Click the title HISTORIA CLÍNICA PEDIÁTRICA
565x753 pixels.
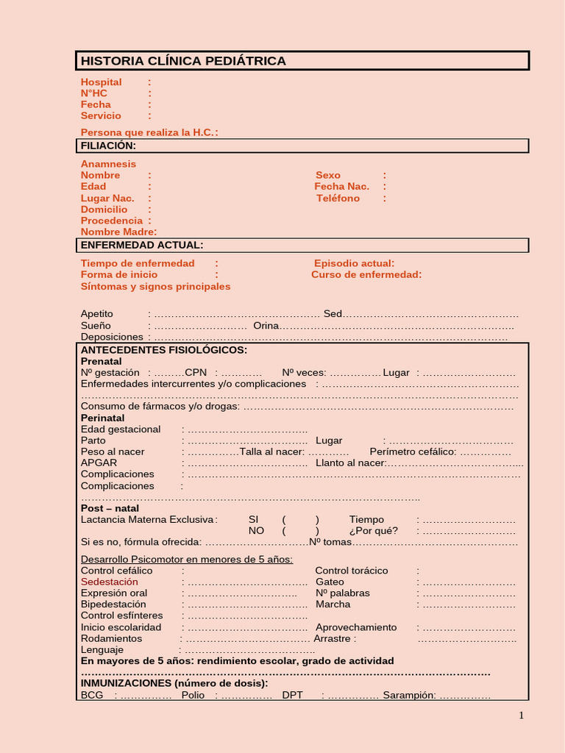coord(183,61)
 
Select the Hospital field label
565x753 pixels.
coord(101,82)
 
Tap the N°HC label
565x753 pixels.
coord(94,93)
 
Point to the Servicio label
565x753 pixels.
coord(101,115)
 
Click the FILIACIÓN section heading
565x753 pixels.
coord(108,146)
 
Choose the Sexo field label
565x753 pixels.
coord(328,175)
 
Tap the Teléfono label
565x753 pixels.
coord(338,198)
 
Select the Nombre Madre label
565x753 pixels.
coord(118,232)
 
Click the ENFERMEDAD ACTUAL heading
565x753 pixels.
coord(142,245)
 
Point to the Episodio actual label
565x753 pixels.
coord(354,263)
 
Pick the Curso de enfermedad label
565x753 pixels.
coord(366,274)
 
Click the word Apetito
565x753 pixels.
coord(97,314)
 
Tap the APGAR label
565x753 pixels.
coord(99,463)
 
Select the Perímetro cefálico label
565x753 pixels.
coord(413,452)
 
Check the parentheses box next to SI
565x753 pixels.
coord(300,519)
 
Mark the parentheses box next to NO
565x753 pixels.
coord(300,531)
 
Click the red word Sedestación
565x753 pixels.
coord(109,582)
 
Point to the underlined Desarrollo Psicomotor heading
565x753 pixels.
coord(186,559)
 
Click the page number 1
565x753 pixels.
coord(521,716)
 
